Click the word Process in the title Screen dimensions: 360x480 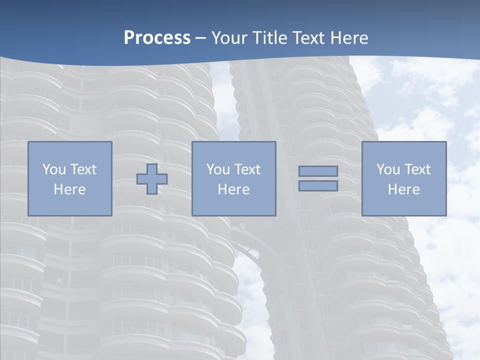coord(157,38)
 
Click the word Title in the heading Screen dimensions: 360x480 coord(270,38)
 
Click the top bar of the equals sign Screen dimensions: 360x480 coord(318,171)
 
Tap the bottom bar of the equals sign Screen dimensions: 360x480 coord(318,186)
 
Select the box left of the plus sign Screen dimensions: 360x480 coord(70,178)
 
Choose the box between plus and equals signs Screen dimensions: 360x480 coord(233,178)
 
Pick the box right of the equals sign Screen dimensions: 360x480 coord(404,178)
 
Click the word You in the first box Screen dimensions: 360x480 coord(53,169)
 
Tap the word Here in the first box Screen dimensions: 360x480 coord(70,189)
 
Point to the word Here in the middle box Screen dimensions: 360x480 coord(233,189)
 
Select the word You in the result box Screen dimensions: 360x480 coord(388,169)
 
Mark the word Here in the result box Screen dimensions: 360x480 coord(404,189)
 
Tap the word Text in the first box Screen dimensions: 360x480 coord(83,169)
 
